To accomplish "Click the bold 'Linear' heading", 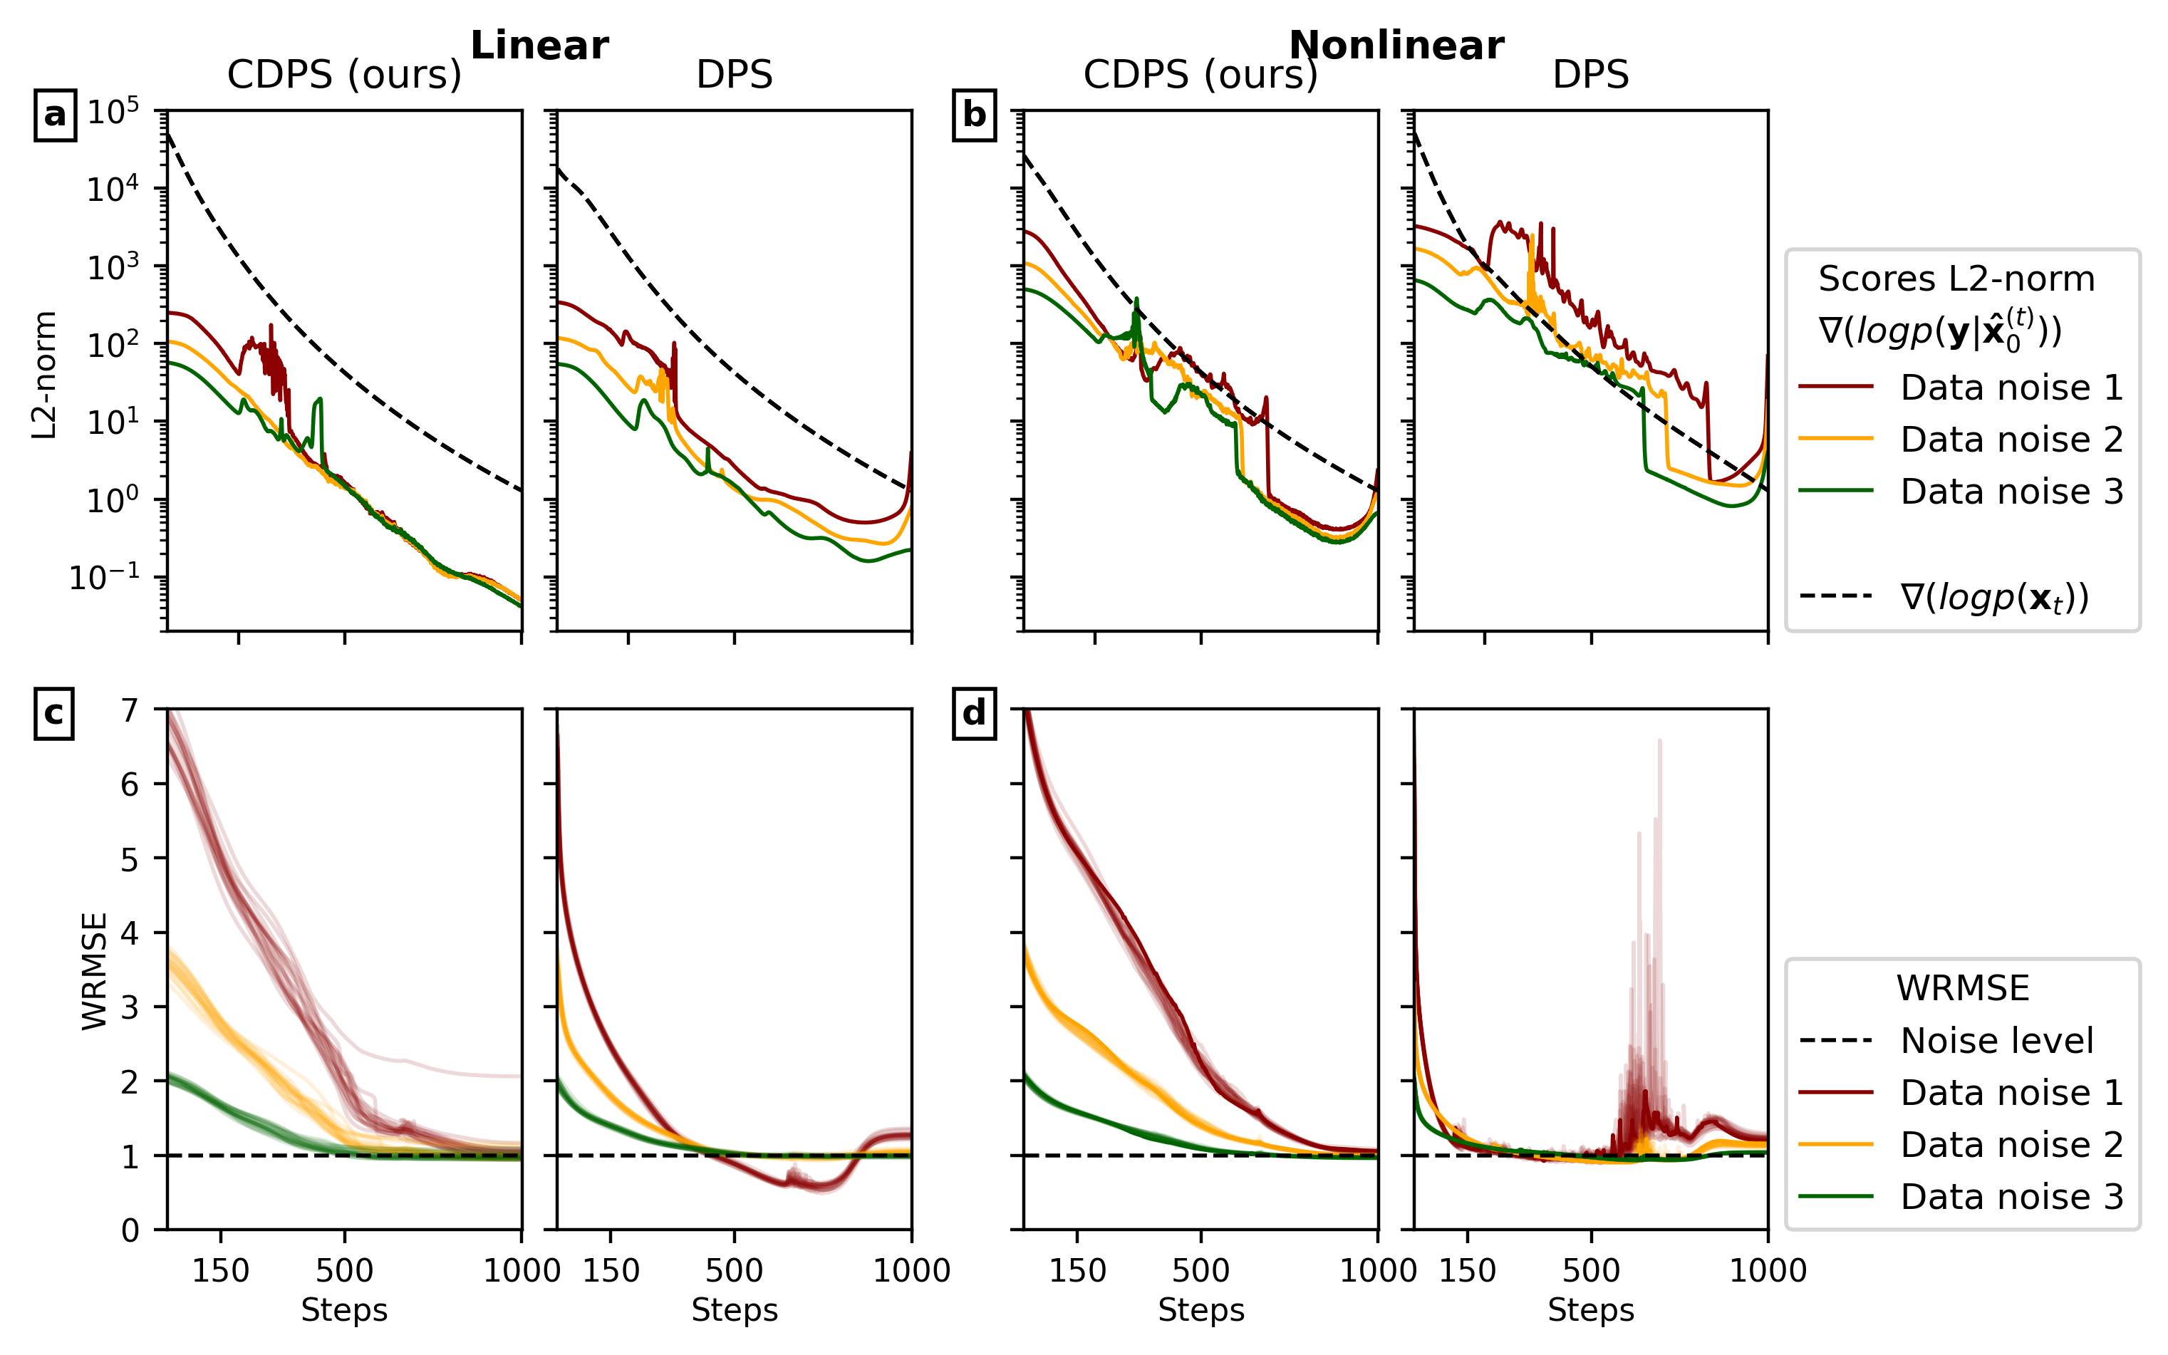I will [x=539, y=45].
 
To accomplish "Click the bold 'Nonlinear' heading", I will [x=1396, y=45].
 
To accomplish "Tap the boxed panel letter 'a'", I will [x=55, y=115].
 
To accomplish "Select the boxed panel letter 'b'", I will [x=974, y=115].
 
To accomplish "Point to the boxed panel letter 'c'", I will [x=53, y=713].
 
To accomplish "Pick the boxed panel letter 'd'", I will [x=974, y=713].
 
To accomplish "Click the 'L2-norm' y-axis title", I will [x=44, y=375].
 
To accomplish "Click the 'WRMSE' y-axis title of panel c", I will [x=94, y=970].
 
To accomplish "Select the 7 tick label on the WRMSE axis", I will [x=131, y=711].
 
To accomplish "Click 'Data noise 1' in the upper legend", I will [x=2011, y=387].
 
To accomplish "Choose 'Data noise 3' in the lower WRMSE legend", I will [x=2011, y=1196].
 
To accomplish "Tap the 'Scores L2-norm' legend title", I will [x=1956, y=279].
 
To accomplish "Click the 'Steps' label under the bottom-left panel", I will [x=344, y=1310].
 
